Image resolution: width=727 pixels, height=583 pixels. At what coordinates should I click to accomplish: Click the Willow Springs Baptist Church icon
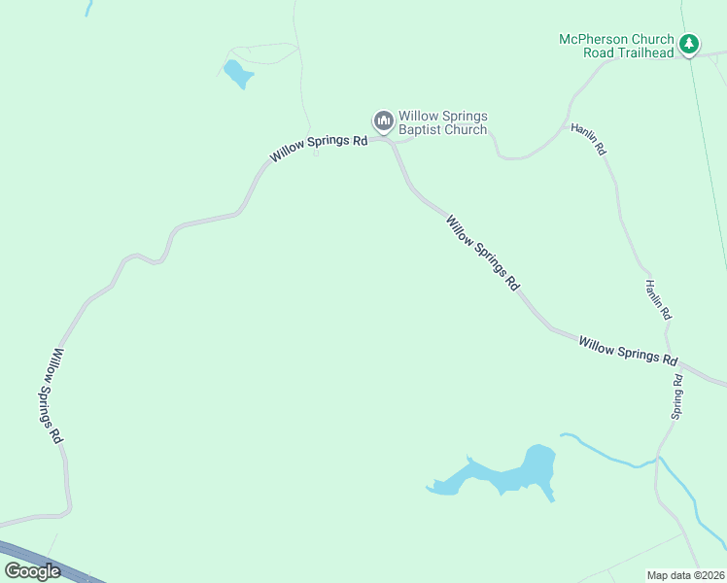383,120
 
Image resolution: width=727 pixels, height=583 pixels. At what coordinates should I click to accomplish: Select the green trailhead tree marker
689,44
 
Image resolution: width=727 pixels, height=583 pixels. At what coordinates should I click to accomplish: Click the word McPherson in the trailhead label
594,40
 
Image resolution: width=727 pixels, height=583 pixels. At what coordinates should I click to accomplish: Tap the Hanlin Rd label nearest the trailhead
588,139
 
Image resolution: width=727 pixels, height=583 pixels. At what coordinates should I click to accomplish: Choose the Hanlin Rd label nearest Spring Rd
658,300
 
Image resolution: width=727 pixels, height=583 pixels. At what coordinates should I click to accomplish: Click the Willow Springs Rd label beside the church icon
319,148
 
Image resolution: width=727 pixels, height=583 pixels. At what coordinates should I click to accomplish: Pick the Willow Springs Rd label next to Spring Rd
628,350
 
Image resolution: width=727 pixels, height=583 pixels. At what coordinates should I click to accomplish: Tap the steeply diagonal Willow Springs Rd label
482,253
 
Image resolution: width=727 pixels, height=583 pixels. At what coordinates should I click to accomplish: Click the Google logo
32,571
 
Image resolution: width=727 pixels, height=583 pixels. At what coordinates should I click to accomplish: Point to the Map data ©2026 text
686,575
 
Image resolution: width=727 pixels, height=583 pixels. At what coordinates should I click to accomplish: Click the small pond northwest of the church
237,73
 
